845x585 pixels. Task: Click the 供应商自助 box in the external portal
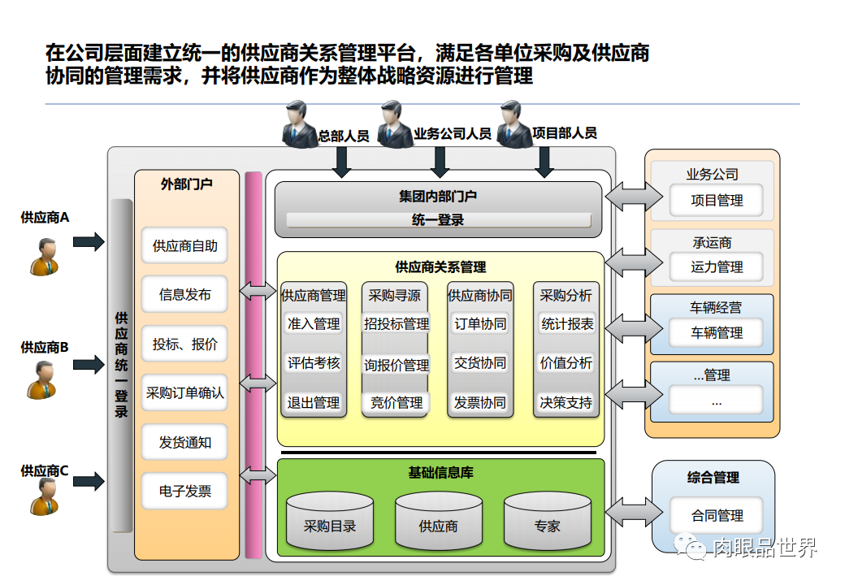(185, 245)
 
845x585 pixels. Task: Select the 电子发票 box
(185, 491)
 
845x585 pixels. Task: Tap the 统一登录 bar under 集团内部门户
(438, 220)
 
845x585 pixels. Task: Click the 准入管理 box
(314, 324)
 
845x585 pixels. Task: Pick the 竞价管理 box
(396, 402)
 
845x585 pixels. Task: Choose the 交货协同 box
(480, 363)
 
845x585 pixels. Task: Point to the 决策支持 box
(566, 402)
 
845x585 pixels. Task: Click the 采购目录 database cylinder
(330, 521)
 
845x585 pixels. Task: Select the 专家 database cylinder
(547, 521)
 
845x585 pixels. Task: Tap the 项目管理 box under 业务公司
(717, 200)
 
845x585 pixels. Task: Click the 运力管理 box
(717, 266)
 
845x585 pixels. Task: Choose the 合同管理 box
(717, 515)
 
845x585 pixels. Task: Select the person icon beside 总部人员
(298, 124)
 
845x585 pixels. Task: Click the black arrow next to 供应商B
(89, 365)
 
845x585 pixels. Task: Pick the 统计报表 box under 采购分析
(567, 324)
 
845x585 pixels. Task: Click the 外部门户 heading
(186, 184)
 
